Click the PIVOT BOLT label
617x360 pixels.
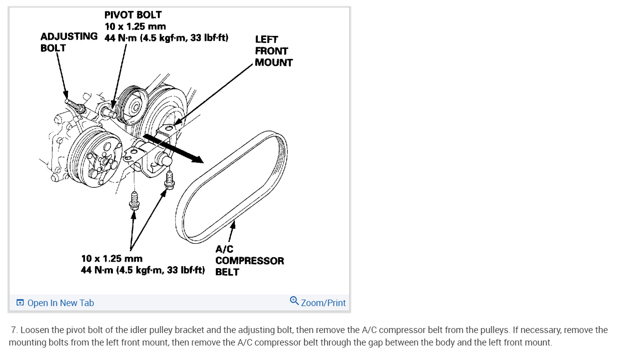(133, 15)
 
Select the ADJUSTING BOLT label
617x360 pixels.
(68, 42)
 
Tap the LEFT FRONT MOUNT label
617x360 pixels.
(273, 51)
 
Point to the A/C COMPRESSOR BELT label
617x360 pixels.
(249, 261)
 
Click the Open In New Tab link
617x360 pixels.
(60, 303)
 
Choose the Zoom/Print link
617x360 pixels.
(323, 303)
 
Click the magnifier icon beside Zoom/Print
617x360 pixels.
(294, 301)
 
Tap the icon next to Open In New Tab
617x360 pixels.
(20, 303)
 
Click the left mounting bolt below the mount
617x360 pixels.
(134, 201)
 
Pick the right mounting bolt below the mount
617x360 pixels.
(169, 181)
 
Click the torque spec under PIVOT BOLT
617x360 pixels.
(166, 38)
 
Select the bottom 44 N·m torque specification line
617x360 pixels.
(143, 270)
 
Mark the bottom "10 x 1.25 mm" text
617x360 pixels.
(111, 259)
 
